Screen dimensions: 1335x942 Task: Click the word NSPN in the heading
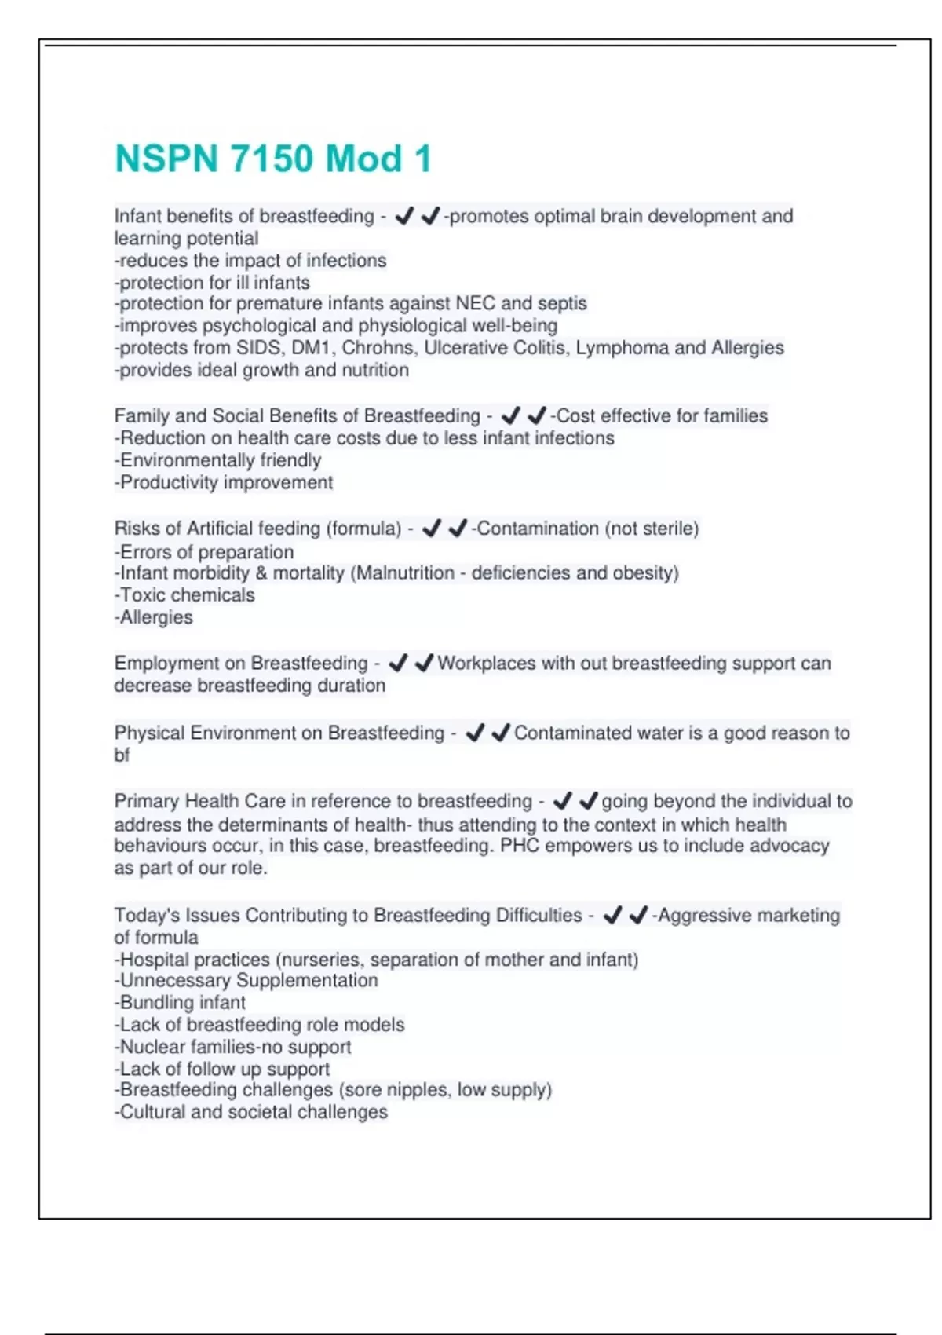click(x=166, y=159)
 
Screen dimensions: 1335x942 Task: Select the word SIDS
click(x=260, y=348)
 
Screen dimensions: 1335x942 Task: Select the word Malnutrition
click(x=406, y=573)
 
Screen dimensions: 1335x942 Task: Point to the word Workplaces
click(x=486, y=664)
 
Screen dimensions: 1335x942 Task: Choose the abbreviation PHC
click(x=520, y=846)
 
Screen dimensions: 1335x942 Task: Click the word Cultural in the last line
click(x=152, y=1112)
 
